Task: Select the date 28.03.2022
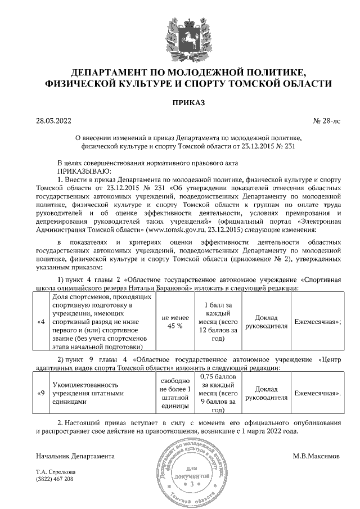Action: click(53, 120)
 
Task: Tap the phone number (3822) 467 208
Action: click(55, 479)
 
